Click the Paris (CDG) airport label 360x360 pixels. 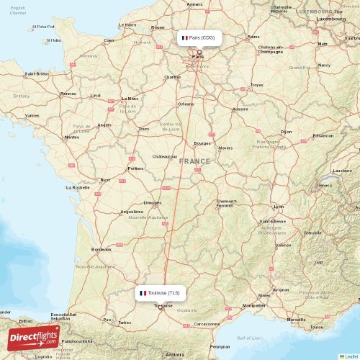coord(199,37)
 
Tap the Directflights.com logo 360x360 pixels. coord(32,336)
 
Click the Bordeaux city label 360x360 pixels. coord(101,250)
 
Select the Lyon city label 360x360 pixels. coord(279,207)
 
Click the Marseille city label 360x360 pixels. coord(295,319)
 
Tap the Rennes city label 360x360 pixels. coord(68,94)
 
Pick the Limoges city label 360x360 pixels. coord(152,202)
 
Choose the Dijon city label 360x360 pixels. coord(287,132)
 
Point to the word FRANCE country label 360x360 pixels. coord(194,161)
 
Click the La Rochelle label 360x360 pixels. coord(77,187)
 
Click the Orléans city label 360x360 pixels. coord(186,104)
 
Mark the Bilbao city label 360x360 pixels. coord(25,320)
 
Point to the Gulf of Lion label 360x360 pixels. coord(249,338)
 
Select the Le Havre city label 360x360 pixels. coord(127,24)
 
